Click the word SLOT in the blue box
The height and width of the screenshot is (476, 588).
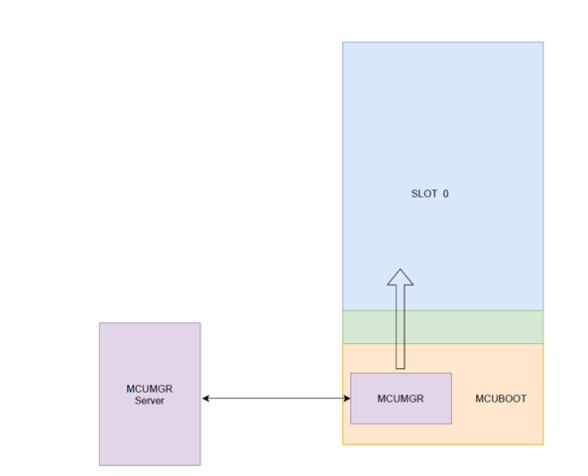[424, 193]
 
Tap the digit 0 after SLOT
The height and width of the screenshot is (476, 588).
[445, 193]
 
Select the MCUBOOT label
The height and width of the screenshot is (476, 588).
[501, 399]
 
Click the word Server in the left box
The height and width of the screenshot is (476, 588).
[150, 401]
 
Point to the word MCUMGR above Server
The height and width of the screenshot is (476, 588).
[150, 389]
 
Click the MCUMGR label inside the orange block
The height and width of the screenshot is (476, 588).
[401, 399]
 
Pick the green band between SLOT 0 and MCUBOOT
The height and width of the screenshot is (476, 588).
[442, 327]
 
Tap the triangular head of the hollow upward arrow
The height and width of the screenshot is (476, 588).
[401, 278]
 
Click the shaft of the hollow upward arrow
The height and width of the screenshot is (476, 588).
[401, 326]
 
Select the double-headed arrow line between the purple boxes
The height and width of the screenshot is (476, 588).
[277, 399]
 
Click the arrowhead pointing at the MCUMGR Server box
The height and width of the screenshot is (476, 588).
[205, 399]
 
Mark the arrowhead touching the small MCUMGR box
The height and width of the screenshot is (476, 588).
[347, 399]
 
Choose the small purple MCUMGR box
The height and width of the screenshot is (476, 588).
[401, 399]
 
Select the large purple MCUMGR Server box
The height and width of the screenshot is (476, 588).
[150, 394]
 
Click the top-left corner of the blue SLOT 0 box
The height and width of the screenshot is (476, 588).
[342, 42]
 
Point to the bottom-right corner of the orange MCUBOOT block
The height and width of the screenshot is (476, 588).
[543, 444]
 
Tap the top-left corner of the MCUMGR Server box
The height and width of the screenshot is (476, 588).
[99, 322]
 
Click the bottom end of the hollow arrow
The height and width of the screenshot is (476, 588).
[401, 369]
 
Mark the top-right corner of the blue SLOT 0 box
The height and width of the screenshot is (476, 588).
[543, 42]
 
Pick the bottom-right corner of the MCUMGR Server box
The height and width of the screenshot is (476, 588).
[200, 465]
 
